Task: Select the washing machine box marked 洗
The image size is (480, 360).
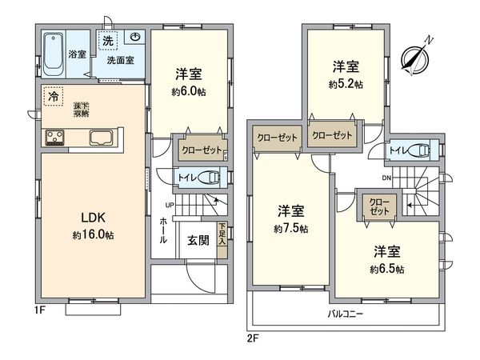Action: point(107,39)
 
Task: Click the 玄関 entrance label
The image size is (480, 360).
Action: point(198,240)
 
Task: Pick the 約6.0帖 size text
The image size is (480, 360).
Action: point(189,91)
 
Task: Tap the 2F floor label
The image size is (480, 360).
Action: point(253,337)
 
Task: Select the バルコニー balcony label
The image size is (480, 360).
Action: point(346,314)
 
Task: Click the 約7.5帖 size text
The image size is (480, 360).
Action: point(291,229)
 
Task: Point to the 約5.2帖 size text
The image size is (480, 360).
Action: point(346,83)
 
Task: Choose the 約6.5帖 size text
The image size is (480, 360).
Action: point(386,268)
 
